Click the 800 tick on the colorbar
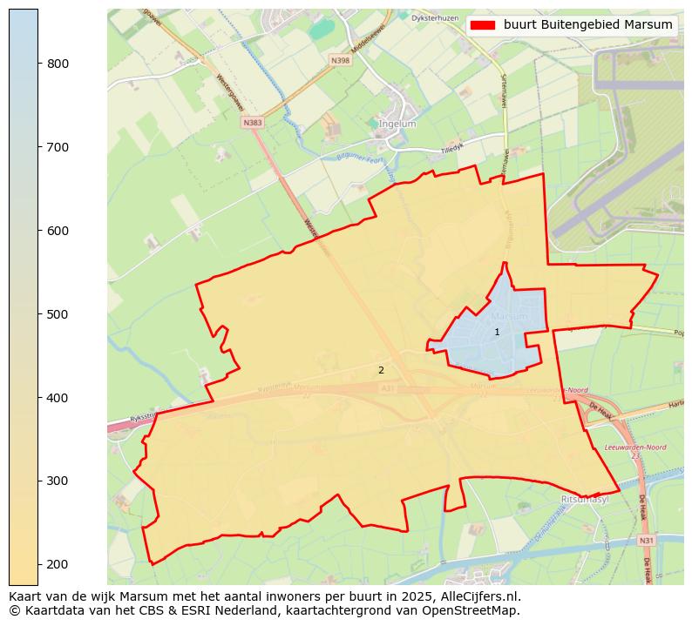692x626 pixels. (x=38, y=64)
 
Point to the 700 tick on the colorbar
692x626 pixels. (x=38, y=147)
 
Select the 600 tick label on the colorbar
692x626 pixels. (x=58, y=231)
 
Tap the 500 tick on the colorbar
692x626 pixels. (x=38, y=314)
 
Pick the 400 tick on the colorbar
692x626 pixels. (x=38, y=398)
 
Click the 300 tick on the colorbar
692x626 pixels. (x=38, y=481)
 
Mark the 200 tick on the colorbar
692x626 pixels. (x=38, y=564)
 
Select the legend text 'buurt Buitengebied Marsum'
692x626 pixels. (x=587, y=25)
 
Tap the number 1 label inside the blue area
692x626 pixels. (x=497, y=333)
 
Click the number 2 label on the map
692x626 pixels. (x=381, y=371)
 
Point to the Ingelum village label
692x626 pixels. (x=397, y=125)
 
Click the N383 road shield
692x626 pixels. (x=253, y=123)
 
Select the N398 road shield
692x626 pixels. (x=340, y=60)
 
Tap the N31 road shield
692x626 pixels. (x=646, y=541)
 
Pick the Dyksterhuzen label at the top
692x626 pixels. (x=435, y=17)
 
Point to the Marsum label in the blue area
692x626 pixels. (x=509, y=316)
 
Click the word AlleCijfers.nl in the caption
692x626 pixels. (x=482, y=597)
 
